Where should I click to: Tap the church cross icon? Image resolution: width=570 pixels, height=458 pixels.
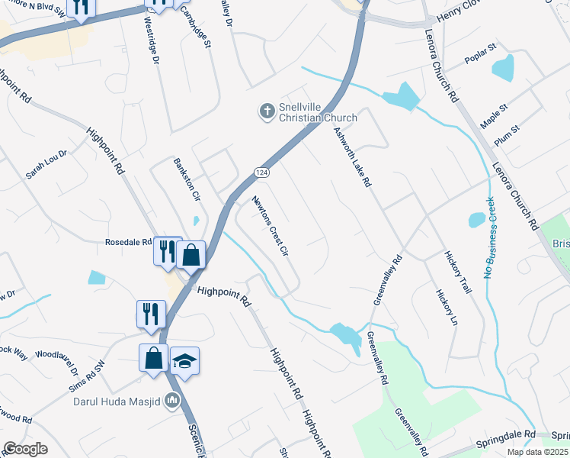(x=267, y=112)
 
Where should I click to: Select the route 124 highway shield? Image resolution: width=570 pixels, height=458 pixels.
(x=261, y=172)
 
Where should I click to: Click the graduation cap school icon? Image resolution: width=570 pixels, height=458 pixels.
(x=184, y=360)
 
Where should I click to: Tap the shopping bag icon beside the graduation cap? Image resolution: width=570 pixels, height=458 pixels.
(x=153, y=357)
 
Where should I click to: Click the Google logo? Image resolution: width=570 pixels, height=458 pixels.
(x=24, y=449)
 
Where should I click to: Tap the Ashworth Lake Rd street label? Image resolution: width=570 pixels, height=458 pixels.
(x=351, y=157)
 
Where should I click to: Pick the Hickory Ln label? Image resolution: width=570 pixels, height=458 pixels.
(x=447, y=307)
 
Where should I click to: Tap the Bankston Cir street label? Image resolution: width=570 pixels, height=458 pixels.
(x=187, y=180)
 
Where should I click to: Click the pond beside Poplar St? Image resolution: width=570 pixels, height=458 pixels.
(x=504, y=69)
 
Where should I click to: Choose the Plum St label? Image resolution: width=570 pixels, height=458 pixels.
(x=506, y=134)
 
